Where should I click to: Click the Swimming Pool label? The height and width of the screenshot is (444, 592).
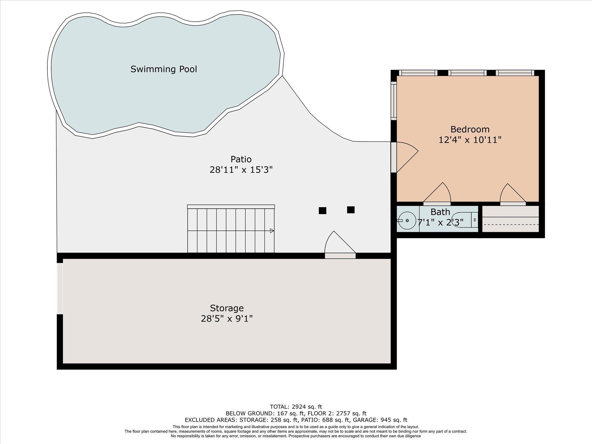point(164,69)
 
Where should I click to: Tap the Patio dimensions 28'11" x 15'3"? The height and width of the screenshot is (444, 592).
point(241,170)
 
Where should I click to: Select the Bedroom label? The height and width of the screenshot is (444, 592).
point(470,129)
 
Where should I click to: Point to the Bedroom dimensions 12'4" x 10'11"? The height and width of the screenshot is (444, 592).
point(470,140)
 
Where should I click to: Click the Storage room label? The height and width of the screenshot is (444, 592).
point(227,308)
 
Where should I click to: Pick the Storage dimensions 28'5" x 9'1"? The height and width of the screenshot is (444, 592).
point(227,319)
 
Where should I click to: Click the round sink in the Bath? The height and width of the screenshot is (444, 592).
point(407,221)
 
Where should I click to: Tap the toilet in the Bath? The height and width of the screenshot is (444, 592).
point(464,220)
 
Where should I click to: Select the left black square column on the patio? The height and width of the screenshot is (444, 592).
point(322,210)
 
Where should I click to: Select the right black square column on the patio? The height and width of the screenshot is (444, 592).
point(351,210)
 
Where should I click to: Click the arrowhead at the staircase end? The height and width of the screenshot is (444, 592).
point(272,231)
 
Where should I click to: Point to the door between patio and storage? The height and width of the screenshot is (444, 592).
point(340,256)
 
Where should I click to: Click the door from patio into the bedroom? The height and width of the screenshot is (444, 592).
point(394,157)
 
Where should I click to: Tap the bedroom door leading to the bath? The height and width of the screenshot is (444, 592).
point(437,203)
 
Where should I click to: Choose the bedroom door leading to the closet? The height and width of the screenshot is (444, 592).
point(513,203)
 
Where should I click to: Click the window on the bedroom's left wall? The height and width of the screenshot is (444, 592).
point(394,101)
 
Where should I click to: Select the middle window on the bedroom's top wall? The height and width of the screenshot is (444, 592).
point(467,73)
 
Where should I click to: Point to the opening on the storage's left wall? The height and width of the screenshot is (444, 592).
point(60,288)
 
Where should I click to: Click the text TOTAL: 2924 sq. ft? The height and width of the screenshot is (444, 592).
point(296,407)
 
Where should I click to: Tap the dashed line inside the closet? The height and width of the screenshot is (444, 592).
point(511,225)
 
